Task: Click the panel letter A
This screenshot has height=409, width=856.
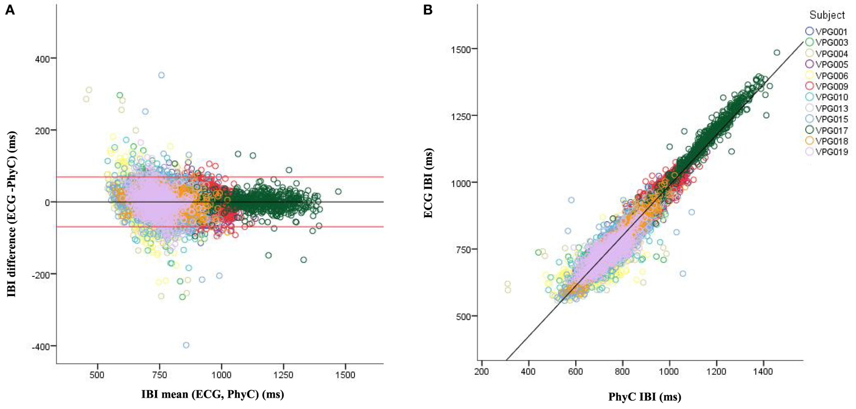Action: click(x=10, y=10)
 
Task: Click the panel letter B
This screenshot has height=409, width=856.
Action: click(x=428, y=10)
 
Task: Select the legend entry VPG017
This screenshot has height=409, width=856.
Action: click(x=831, y=130)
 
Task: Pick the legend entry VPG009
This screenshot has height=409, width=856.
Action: click(x=831, y=86)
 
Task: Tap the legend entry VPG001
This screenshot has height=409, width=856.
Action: click(x=831, y=32)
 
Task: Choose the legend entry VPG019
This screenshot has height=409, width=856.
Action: click(x=831, y=152)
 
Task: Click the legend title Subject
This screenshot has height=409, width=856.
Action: click(x=827, y=15)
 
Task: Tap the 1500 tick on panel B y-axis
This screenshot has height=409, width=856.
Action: click(x=459, y=49)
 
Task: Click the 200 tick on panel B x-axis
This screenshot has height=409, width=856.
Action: click(x=482, y=372)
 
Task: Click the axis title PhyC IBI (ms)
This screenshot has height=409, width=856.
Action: click(x=644, y=397)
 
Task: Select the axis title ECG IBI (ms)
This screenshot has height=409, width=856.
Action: click(x=428, y=183)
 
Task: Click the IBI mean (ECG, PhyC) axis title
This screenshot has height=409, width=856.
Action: click(x=213, y=395)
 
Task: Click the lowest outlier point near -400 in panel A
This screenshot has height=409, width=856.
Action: click(x=186, y=345)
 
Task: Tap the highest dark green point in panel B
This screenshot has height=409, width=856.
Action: click(x=777, y=53)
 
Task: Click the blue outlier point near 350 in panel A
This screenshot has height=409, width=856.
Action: click(x=161, y=75)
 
